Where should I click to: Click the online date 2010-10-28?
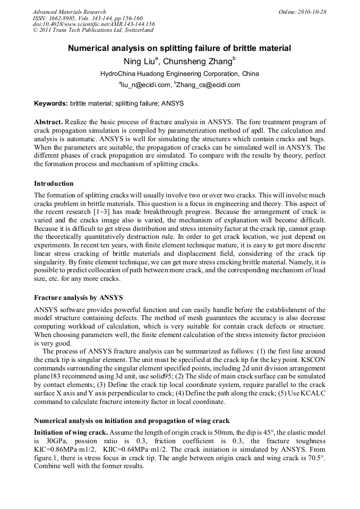point(310,12)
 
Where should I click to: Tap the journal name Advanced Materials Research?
point(69,12)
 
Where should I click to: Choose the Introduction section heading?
point(54,184)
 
